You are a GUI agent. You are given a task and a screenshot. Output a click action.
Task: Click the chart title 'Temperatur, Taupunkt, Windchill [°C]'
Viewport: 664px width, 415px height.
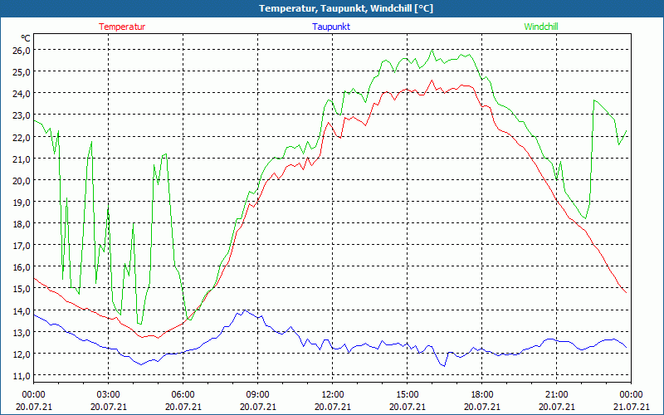(333, 8)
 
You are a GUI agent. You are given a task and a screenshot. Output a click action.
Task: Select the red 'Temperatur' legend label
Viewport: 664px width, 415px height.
(122, 27)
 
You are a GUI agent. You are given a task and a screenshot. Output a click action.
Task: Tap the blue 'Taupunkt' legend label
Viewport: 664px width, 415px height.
(331, 27)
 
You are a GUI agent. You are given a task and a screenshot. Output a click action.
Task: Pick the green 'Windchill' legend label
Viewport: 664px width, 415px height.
(541, 27)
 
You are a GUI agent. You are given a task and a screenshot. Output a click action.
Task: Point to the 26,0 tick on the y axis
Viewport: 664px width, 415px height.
(22, 50)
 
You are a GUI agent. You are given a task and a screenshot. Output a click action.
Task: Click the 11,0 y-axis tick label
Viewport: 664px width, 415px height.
(22, 375)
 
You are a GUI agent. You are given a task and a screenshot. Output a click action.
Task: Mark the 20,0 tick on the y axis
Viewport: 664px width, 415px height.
(22, 180)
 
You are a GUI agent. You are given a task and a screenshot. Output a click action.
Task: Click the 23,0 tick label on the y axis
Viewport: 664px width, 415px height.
(22, 115)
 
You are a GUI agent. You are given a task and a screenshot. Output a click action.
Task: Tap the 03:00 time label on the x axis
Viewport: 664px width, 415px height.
(108, 394)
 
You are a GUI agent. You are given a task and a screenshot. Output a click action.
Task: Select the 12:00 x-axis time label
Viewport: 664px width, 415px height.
(333, 394)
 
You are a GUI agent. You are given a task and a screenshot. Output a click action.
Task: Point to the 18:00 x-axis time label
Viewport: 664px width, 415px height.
(482, 394)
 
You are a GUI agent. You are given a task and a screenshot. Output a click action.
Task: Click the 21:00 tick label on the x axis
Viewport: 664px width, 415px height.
(557, 394)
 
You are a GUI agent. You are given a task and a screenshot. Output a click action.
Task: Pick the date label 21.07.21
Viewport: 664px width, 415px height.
(632, 407)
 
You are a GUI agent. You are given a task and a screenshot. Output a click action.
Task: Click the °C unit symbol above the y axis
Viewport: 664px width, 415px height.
(26, 38)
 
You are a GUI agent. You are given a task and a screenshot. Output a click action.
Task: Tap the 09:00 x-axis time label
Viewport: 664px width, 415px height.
(257, 394)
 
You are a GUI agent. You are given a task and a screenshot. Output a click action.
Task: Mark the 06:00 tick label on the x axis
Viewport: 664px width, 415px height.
(183, 394)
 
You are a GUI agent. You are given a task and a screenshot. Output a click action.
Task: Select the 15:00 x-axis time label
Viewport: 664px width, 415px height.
(408, 394)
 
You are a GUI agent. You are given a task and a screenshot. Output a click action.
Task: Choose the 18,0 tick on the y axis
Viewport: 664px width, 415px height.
(22, 223)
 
